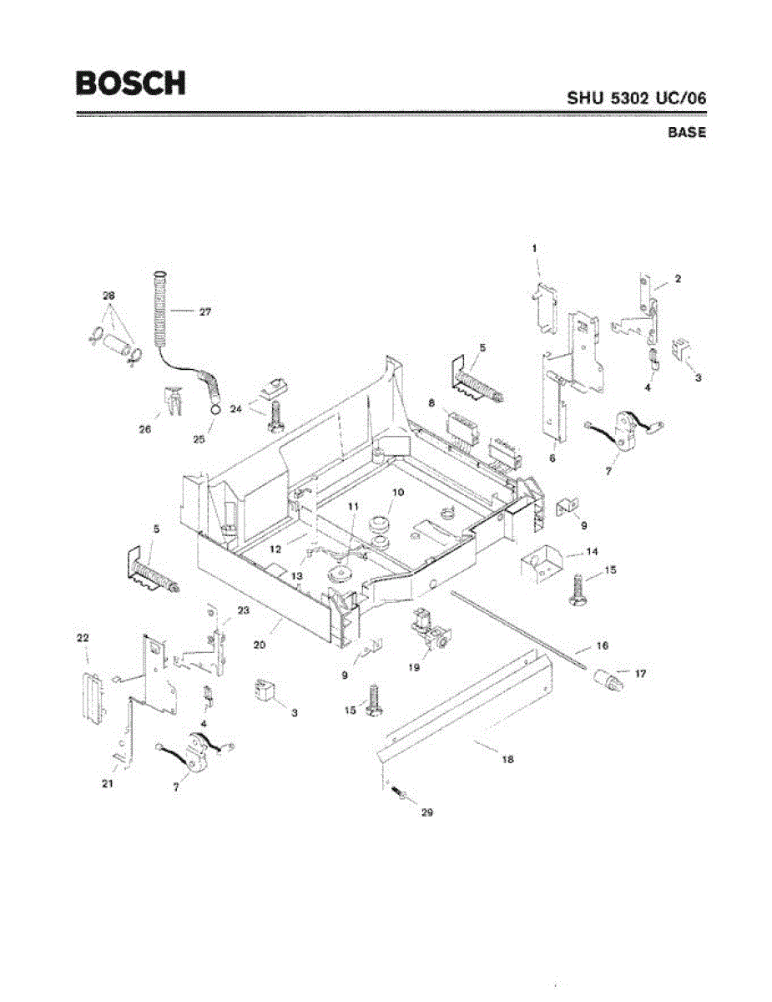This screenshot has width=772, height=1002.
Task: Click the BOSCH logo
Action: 130,83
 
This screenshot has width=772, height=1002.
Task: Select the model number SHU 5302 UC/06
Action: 637,97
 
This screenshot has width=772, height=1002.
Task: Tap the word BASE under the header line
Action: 687,132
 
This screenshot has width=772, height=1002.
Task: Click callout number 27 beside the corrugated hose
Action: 204,312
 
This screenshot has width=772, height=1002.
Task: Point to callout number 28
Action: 109,296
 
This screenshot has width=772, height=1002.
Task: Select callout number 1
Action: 534,248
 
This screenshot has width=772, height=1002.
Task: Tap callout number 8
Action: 431,402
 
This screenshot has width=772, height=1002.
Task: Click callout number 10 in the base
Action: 397,493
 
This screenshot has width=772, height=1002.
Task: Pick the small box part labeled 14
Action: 541,564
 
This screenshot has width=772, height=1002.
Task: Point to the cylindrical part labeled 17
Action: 608,681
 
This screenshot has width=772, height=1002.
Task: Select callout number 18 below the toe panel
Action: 508,759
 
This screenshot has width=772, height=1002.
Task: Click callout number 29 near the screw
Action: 427,811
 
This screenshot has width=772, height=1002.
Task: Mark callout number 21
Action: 108,784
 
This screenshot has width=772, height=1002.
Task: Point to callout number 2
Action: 678,280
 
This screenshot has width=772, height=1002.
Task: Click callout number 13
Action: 297,576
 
